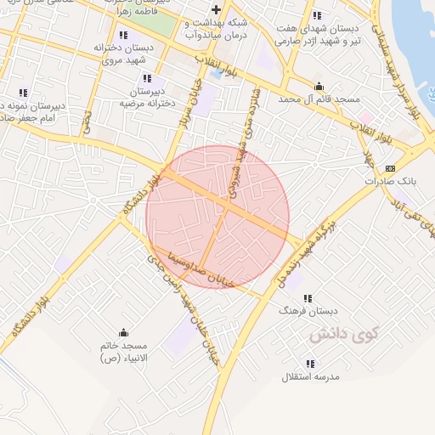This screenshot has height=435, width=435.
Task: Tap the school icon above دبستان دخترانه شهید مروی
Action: click(x=123, y=35)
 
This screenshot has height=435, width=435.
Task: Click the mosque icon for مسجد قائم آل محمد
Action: click(x=319, y=86)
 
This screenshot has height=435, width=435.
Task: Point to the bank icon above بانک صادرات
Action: click(x=390, y=168)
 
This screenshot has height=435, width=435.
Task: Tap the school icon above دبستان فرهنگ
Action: click(x=308, y=298)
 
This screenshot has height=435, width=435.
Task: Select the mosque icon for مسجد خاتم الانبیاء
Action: click(x=124, y=332)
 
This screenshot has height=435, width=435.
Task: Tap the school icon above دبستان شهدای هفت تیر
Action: click(x=317, y=15)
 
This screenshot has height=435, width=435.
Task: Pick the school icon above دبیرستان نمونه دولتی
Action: click(x=23, y=93)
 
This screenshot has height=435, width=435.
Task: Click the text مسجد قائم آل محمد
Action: click(x=318, y=99)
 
